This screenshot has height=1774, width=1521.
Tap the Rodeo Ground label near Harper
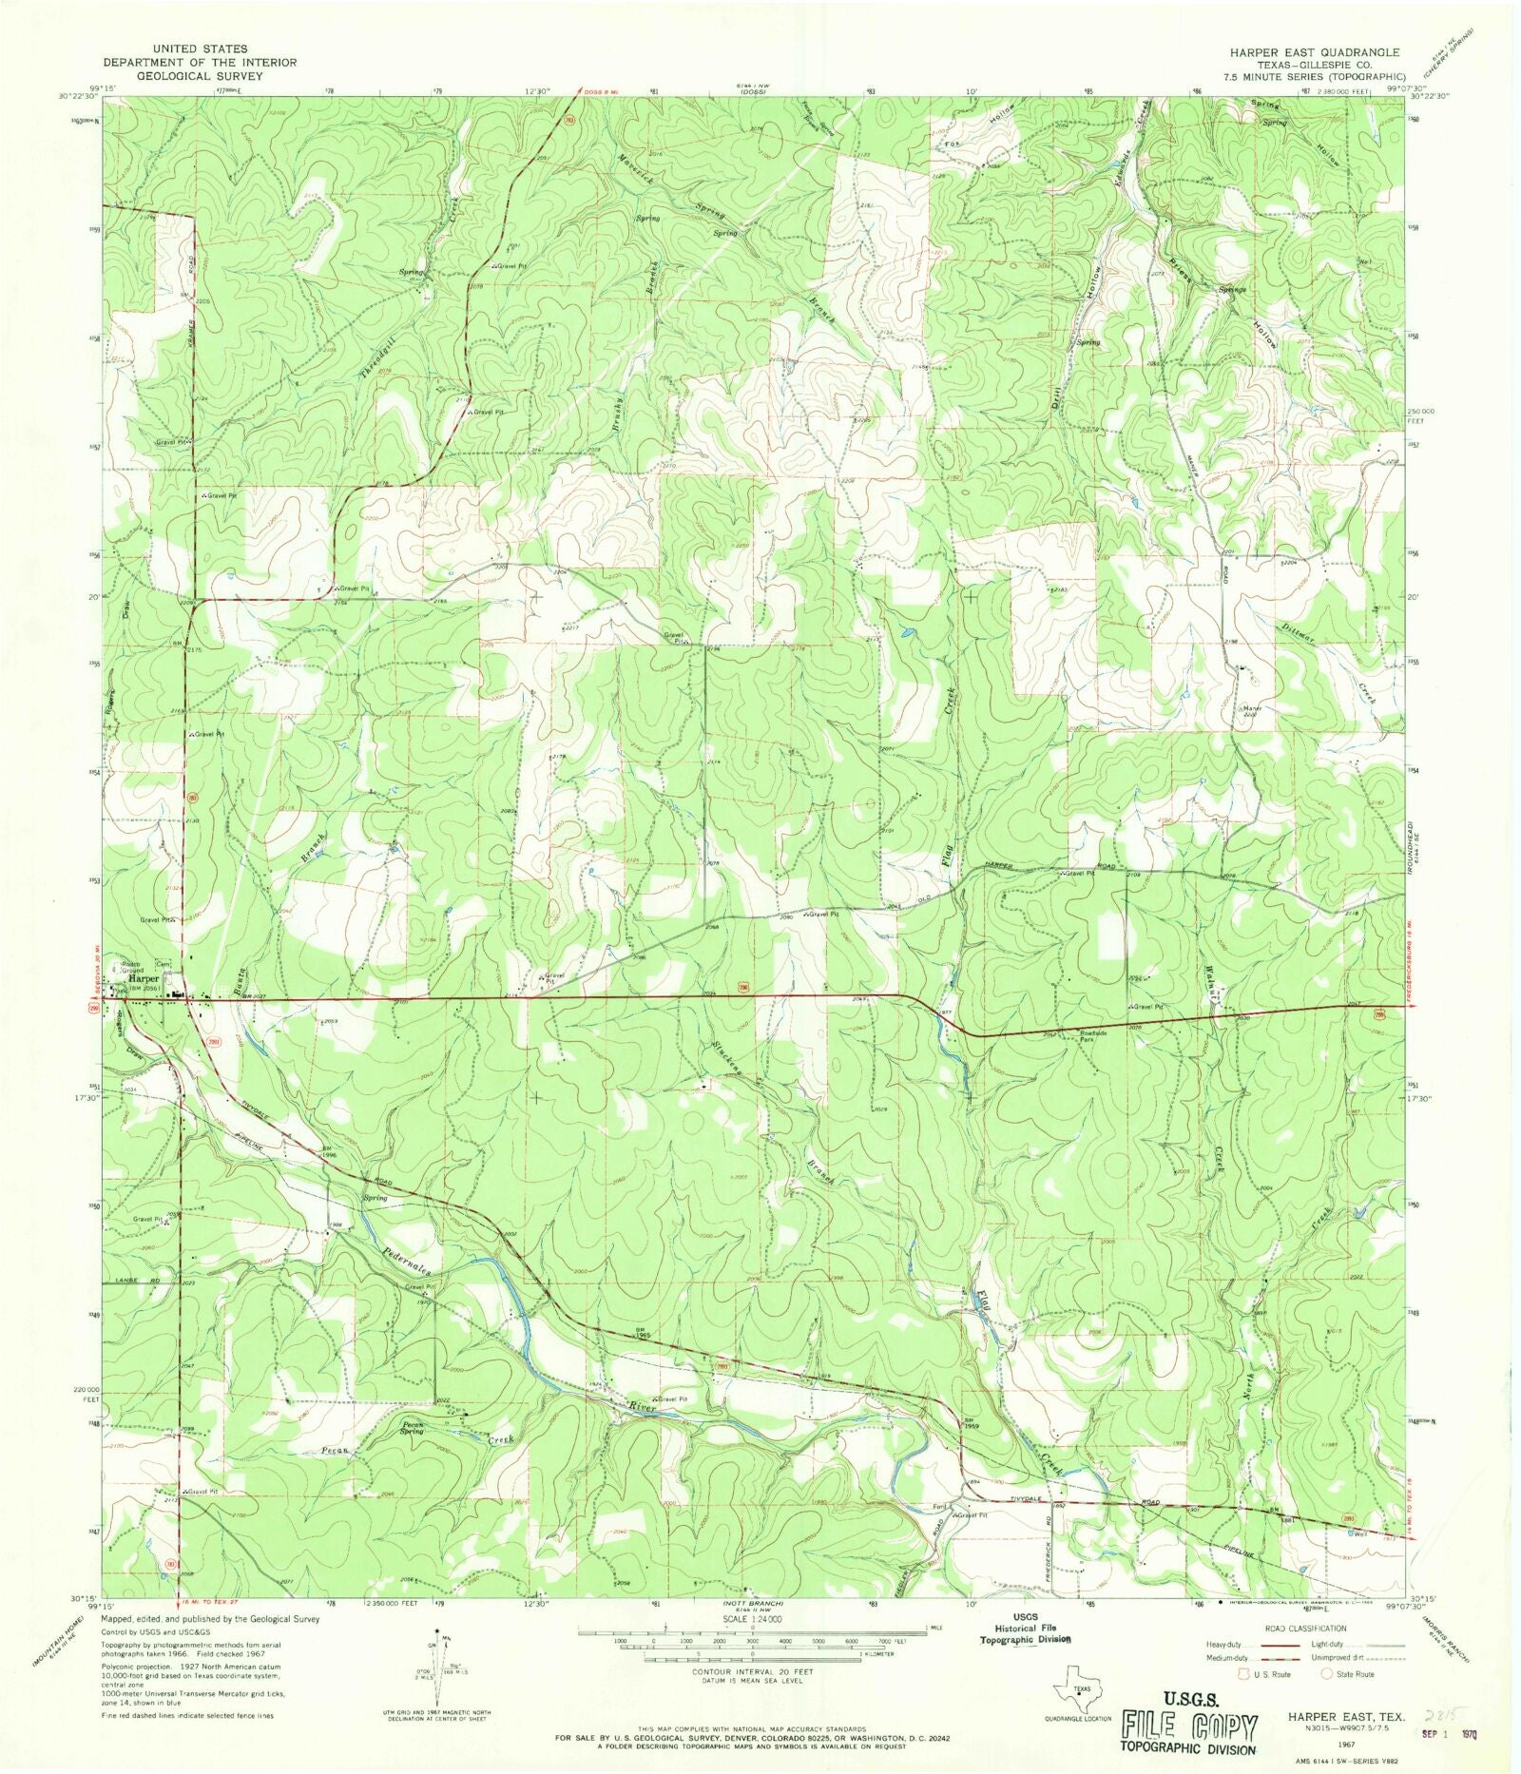click(129, 964)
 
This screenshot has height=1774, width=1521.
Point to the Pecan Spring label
click(411, 1428)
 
